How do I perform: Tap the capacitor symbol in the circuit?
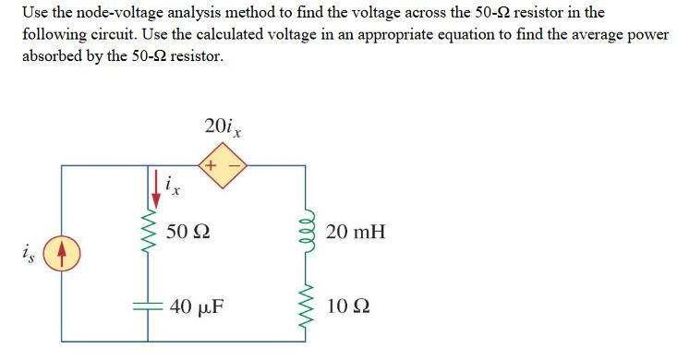[144, 307]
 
